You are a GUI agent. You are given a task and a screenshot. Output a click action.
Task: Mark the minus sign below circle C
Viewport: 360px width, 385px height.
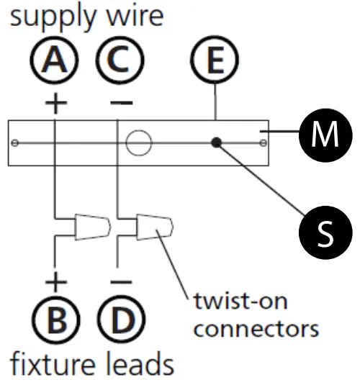tap(121, 103)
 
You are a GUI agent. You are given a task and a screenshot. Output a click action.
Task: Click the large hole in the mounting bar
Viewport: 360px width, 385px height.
tap(138, 142)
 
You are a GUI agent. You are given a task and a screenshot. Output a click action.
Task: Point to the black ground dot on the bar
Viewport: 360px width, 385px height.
tap(216, 142)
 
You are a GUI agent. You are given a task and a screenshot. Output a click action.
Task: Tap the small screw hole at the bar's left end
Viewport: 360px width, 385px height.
tap(16, 142)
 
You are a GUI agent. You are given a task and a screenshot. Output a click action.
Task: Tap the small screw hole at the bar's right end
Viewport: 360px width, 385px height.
tap(264, 142)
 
